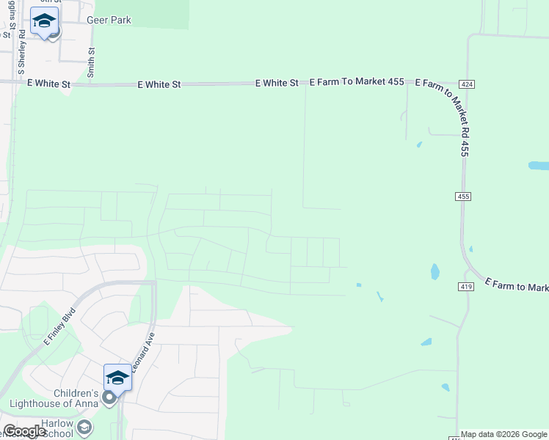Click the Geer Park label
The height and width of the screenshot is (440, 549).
click(x=109, y=20)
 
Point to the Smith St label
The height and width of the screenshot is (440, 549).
click(x=91, y=62)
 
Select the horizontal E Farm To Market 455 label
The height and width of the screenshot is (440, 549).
click(x=357, y=81)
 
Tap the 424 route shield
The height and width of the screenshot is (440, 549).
click(x=468, y=85)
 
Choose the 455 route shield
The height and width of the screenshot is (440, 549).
click(x=462, y=197)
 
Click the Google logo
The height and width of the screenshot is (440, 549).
click(x=25, y=431)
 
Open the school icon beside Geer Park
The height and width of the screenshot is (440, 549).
click(x=44, y=22)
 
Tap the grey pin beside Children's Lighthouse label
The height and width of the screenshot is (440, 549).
click(x=109, y=397)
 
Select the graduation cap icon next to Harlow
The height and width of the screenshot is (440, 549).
click(x=84, y=427)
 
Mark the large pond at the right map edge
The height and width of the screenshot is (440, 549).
click(x=539, y=166)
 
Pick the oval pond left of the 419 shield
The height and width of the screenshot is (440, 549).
click(x=435, y=272)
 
